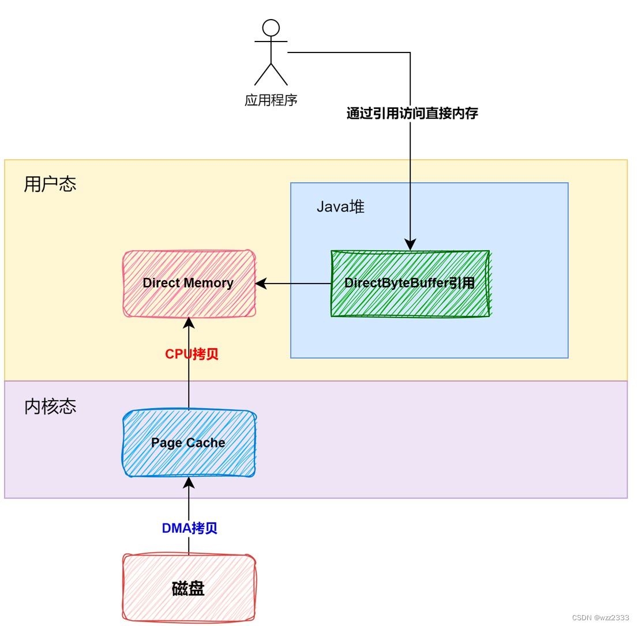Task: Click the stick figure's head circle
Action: [x=271, y=28]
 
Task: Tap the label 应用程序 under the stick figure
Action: [x=271, y=100]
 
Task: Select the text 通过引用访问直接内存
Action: [x=412, y=113]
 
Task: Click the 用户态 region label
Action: [x=50, y=184]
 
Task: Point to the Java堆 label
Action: [x=340, y=207]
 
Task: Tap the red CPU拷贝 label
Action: [x=192, y=354]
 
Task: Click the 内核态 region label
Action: [x=50, y=407]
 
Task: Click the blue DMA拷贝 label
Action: [x=189, y=528]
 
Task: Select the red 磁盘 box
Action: [x=189, y=589]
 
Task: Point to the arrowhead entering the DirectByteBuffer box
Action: [x=410, y=244]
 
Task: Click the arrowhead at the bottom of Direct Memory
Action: [x=189, y=323]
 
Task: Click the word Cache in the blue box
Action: [x=205, y=443]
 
